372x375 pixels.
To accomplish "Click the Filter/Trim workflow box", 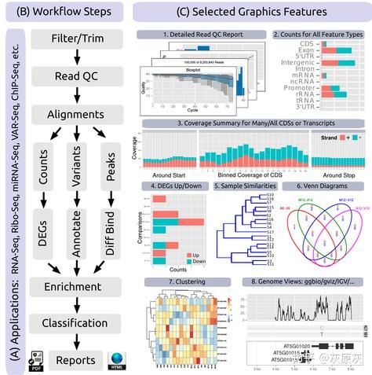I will (x=76, y=39).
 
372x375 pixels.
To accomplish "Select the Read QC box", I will (x=76, y=76).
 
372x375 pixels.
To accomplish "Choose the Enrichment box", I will (x=76, y=286).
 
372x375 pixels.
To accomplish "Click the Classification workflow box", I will (x=76, y=323).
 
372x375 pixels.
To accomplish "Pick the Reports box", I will (x=75, y=359).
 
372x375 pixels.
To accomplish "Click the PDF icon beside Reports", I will (x=35, y=360).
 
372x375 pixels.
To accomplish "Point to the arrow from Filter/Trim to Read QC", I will (x=76, y=57).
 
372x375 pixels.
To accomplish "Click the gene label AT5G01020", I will (x=288, y=344).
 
